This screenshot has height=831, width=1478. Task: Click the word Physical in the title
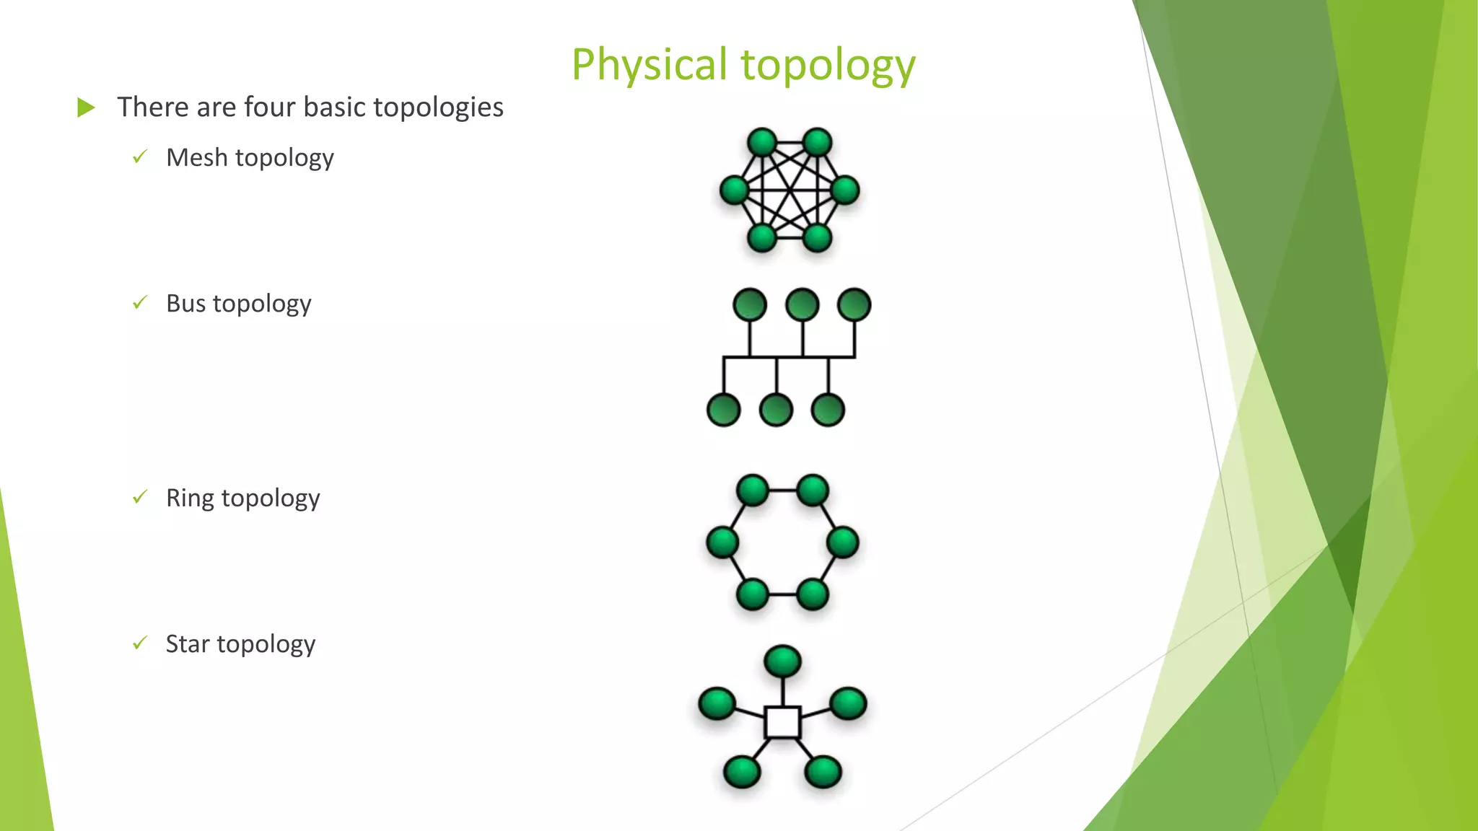click(x=649, y=65)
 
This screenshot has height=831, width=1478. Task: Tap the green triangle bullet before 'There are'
click(x=86, y=108)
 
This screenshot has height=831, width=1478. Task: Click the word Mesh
click(x=197, y=157)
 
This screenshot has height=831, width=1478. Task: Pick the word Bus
click(x=185, y=303)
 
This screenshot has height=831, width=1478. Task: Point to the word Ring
click(x=190, y=498)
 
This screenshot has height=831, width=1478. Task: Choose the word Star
click(x=188, y=643)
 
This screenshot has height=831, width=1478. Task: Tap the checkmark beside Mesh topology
click(x=140, y=157)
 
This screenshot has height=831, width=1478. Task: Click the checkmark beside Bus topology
click(x=140, y=302)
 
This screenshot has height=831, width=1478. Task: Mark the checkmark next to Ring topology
click(x=140, y=497)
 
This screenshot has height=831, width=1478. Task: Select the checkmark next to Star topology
click(x=140, y=643)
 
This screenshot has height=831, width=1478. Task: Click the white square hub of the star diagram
click(x=782, y=722)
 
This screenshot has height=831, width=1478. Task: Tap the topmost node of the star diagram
click(x=782, y=661)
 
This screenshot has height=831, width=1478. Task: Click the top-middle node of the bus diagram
click(x=803, y=304)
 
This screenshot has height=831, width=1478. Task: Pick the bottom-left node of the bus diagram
click(x=724, y=410)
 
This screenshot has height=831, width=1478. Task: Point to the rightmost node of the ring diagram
click(x=842, y=542)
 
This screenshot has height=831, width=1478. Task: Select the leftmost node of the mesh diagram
click(x=735, y=190)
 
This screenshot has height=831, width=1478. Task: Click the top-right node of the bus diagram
click(x=854, y=304)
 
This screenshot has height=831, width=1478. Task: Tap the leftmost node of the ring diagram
click(x=722, y=542)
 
